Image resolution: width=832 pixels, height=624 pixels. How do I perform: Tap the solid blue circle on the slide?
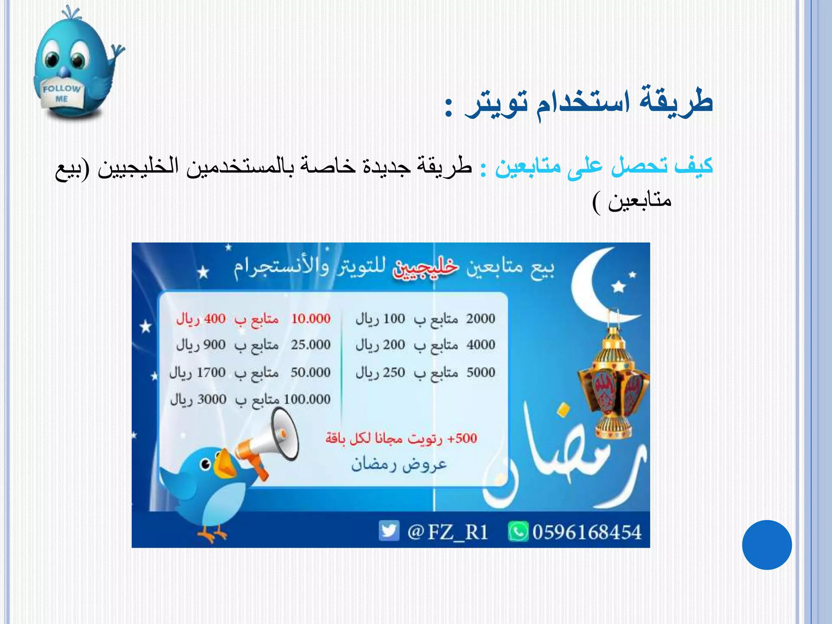[767, 545]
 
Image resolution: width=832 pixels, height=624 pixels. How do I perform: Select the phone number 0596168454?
[587, 532]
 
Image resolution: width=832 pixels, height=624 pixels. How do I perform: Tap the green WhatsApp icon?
[518, 532]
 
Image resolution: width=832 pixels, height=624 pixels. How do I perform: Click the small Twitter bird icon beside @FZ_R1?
[389, 531]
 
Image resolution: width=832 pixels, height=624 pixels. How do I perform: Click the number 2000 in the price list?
[481, 319]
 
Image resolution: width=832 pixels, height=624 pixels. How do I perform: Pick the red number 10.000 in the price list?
[311, 319]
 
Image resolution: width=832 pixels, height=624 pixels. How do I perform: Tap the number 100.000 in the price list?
[307, 399]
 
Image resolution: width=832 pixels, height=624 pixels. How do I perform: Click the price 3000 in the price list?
[212, 399]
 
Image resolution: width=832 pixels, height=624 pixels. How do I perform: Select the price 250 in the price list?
[394, 373]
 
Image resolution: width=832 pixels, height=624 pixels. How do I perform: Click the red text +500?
[462, 438]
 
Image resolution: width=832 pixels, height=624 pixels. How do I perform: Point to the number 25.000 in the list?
[311, 345]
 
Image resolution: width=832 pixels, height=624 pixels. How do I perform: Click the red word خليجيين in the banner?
[425, 268]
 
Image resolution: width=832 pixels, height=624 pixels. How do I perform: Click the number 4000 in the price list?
[481, 345]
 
